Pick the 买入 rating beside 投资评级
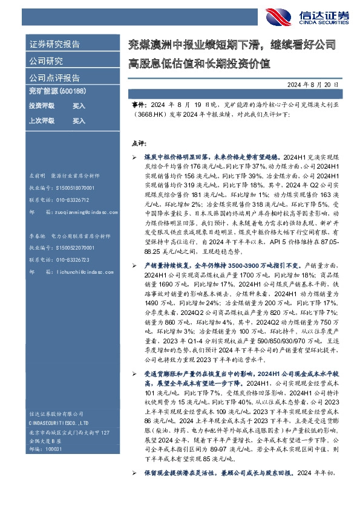tap(79, 106)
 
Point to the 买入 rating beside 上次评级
tap(79, 121)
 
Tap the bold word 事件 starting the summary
tap(139, 105)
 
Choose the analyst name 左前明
tap(38, 174)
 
